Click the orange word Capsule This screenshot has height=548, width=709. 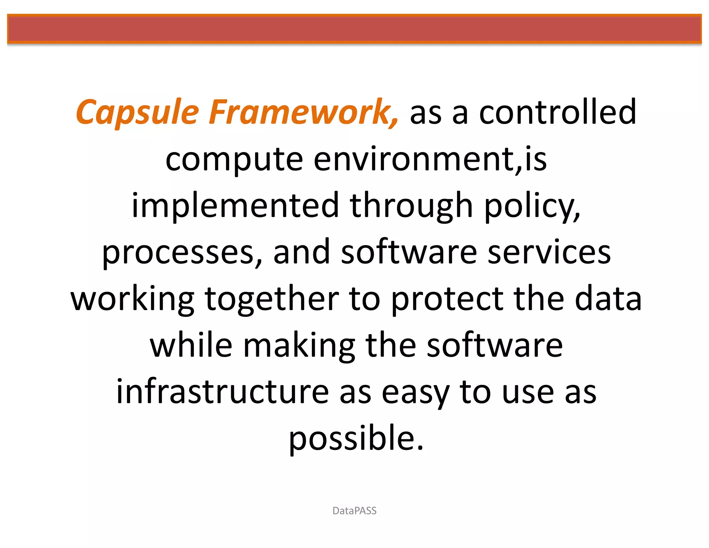coord(137,112)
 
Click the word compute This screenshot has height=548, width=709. coord(234,159)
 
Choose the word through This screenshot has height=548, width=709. coord(411,205)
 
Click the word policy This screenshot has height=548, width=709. coord(532,205)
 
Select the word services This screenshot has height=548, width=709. coord(549,252)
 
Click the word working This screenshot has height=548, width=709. coord(133,299)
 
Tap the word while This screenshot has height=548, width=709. coord(191,345)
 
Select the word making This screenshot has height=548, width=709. coord(299,345)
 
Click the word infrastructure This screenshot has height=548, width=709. coord(222,392)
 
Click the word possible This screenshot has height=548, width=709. coord(356,438)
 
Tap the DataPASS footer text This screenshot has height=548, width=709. coord(354,511)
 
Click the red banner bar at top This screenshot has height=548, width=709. coord(354,29)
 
